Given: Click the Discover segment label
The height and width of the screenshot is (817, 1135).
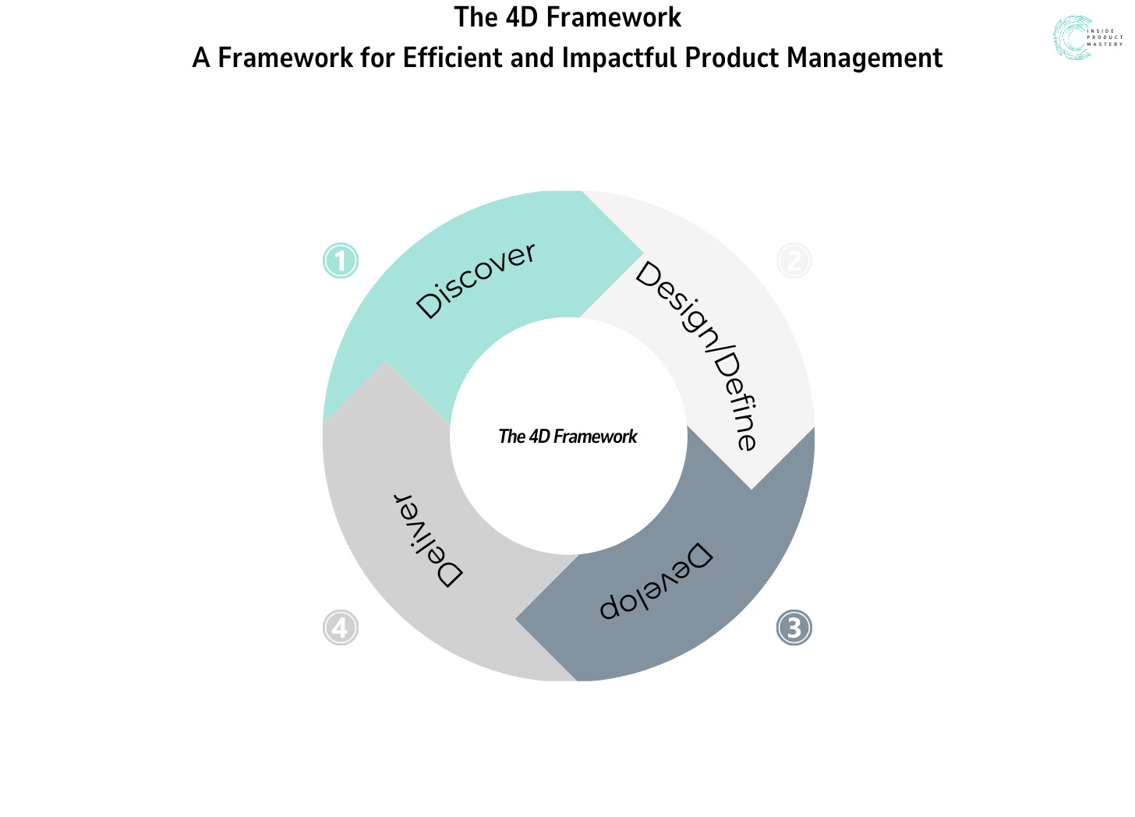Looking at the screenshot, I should pyautogui.click(x=476, y=280).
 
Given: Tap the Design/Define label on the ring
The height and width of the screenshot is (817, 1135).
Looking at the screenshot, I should pyautogui.click(x=696, y=355).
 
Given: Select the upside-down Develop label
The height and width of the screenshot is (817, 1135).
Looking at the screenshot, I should pyautogui.click(x=656, y=581).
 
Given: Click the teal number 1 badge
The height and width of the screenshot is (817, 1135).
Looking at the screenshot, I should pyautogui.click(x=341, y=260).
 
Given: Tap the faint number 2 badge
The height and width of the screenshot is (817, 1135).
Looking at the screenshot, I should pyautogui.click(x=794, y=260).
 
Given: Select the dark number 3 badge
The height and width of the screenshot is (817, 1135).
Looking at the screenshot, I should pyautogui.click(x=794, y=628).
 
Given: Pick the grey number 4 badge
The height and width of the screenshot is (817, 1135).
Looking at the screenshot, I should pyautogui.click(x=341, y=628).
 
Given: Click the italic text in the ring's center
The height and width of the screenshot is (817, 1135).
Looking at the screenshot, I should pyautogui.click(x=567, y=437).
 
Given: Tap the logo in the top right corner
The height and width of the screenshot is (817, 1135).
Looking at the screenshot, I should pyautogui.click(x=1087, y=37).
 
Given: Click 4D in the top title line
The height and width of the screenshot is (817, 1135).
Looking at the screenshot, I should pyautogui.click(x=517, y=17).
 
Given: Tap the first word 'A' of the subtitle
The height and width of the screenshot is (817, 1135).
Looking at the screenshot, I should pyautogui.click(x=201, y=58).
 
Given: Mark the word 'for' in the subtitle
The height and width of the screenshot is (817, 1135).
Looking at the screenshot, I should pyautogui.click(x=377, y=58).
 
